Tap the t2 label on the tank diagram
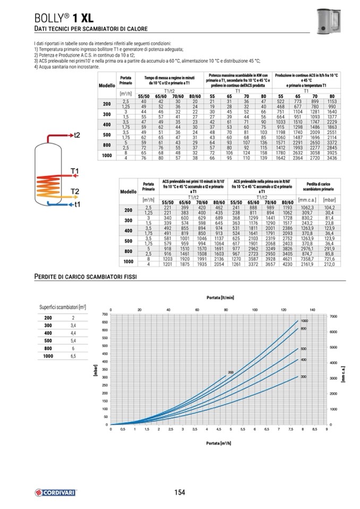click(x=77, y=135)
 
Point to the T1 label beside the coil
click(x=75, y=170)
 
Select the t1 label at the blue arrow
click(x=77, y=204)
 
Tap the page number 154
click(x=179, y=493)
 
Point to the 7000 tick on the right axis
click(x=333, y=316)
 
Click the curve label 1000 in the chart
click(x=304, y=321)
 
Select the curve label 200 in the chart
click(x=231, y=373)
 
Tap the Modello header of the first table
click(x=107, y=85)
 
